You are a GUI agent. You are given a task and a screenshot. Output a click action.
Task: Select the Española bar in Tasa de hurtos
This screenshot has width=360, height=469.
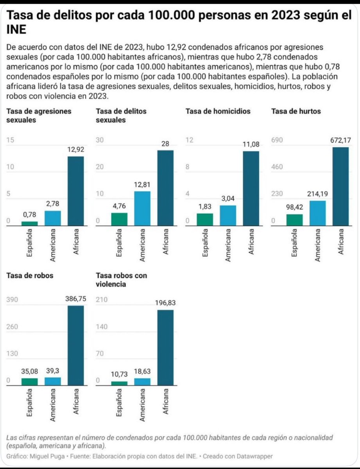(x=294, y=220)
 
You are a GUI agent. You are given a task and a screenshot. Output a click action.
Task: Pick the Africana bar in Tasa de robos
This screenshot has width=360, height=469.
(x=76, y=345)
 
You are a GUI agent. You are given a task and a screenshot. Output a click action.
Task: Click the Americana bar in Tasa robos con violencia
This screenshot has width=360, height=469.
(x=142, y=382)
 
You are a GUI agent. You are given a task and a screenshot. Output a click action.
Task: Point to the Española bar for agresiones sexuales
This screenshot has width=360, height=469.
(x=30, y=224)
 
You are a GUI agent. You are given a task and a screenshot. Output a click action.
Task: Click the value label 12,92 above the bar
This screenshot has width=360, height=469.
(x=75, y=149)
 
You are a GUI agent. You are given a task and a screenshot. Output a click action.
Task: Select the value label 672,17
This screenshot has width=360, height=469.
(x=340, y=140)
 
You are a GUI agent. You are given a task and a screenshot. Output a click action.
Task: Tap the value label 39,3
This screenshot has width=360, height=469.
(x=53, y=371)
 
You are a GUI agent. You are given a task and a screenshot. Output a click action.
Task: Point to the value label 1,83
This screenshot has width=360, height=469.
(x=205, y=206)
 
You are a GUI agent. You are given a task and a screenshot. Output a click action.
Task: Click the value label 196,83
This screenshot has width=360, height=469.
(x=165, y=302)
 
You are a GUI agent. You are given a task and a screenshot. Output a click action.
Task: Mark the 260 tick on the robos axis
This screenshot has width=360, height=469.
(x=13, y=327)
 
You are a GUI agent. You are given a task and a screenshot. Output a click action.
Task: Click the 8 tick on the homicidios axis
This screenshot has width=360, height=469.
(x=187, y=167)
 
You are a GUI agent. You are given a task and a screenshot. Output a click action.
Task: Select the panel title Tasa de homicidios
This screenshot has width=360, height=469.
(x=218, y=111)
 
